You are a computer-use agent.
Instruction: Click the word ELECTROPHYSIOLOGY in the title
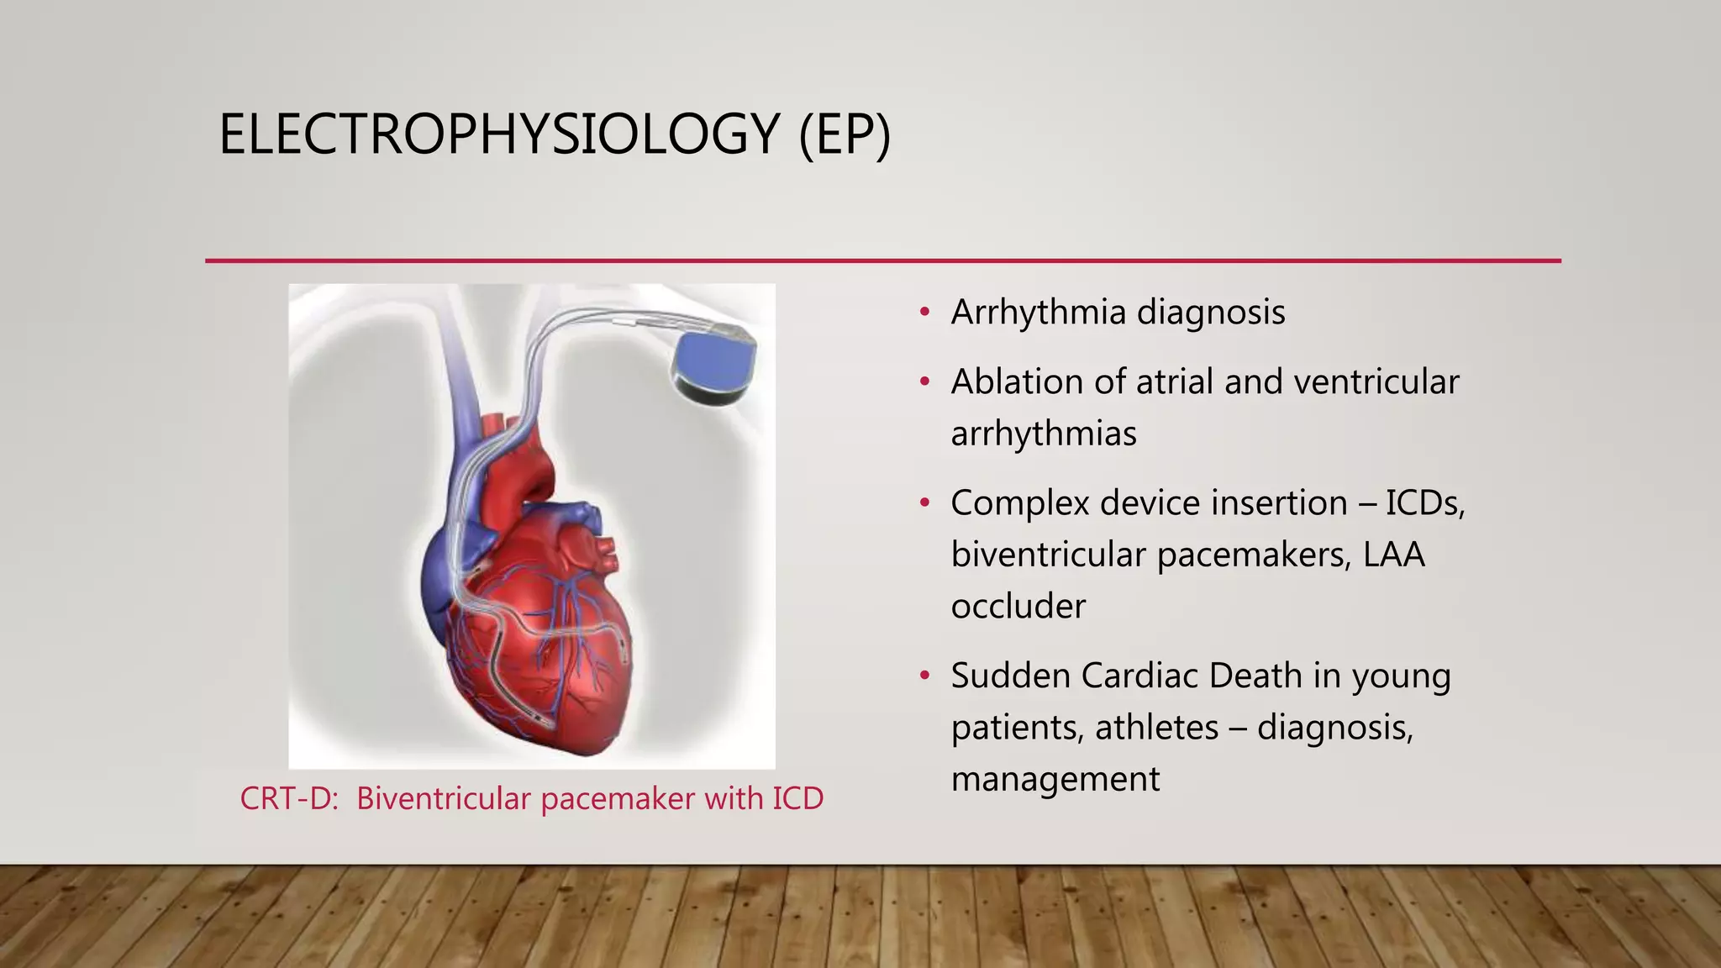click(499, 134)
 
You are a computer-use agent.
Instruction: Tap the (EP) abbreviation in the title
click(844, 134)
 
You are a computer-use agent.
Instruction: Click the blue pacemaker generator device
click(714, 365)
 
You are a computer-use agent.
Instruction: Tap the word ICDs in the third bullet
click(1424, 503)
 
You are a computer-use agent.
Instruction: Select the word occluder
click(1018, 607)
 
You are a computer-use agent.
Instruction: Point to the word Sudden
click(1009, 676)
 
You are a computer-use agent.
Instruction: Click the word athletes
click(1156, 728)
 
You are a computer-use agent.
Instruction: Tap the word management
click(1055, 780)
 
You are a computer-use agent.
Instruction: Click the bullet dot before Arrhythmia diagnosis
click(924, 313)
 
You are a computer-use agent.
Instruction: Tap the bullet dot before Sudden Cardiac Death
click(924, 676)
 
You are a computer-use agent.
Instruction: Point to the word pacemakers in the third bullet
click(1252, 555)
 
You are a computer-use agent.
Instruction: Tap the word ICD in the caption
click(797, 798)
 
